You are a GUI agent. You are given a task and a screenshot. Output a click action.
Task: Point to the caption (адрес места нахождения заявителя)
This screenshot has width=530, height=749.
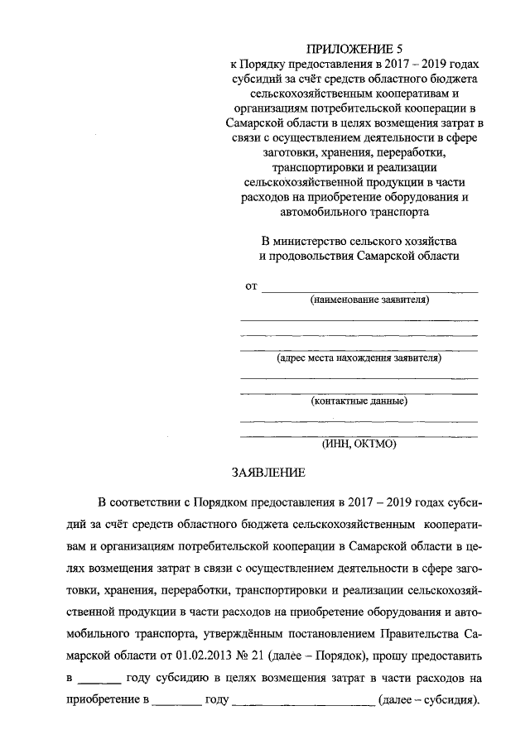359,358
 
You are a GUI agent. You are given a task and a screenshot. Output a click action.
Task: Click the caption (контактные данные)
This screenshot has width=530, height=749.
359,402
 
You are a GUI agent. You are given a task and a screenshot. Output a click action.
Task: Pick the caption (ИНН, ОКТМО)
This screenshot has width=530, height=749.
359,444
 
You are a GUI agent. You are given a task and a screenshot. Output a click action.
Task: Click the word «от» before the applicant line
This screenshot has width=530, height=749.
251,286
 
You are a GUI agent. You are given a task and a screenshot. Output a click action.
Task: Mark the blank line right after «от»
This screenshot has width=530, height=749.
369,290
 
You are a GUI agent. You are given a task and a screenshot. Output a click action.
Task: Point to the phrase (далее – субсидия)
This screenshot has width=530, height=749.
428,700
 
